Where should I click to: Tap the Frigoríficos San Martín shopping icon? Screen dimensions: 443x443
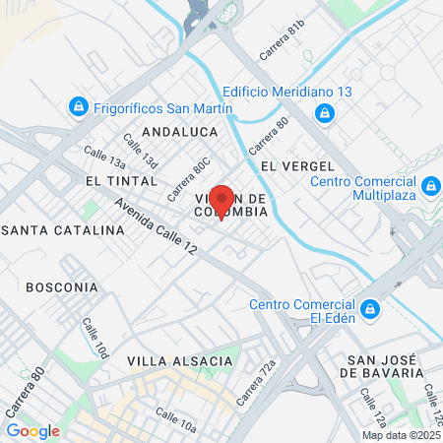77,105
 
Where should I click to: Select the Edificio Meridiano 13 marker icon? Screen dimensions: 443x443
326,114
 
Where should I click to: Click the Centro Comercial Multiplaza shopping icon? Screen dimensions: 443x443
430,185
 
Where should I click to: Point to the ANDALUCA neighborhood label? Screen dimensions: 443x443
178,130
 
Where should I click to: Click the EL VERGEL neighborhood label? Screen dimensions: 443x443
292,165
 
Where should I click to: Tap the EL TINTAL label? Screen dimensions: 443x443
121,181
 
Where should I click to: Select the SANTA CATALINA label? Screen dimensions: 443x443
63,229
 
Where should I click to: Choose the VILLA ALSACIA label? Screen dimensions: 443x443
180,361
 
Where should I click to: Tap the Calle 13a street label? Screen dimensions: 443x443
104,158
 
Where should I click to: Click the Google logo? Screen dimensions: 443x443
33,430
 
